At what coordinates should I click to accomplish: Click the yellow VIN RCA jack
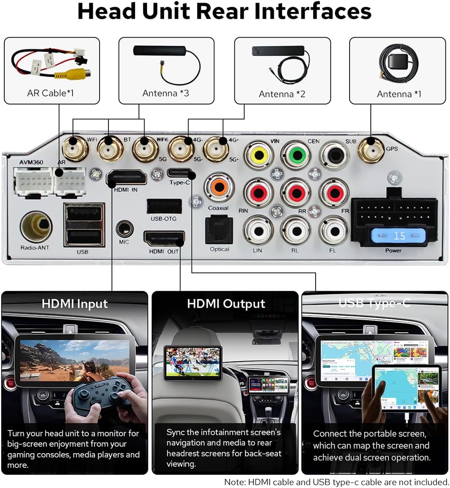[x=258, y=155]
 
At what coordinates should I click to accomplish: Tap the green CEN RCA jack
[x=296, y=155]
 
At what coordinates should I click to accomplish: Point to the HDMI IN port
[x=126, y=177]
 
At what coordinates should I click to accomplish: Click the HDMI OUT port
[x=164, y=239]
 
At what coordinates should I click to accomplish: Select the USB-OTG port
[x=164, y=207]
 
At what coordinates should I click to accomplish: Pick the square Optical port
[x=219, y=229]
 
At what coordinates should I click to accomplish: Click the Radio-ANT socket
[x=36, y=226]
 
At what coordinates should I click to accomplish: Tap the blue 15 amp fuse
[x=398, y=235]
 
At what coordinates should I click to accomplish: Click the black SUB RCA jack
[x=334, y=155]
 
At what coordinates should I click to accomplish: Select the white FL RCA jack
[x=333, y=230]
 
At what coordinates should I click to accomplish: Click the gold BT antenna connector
[x=110, y=149]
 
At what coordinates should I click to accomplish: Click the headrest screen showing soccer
[x=193, y=362]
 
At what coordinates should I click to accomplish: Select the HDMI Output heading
[x=226, y=303]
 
